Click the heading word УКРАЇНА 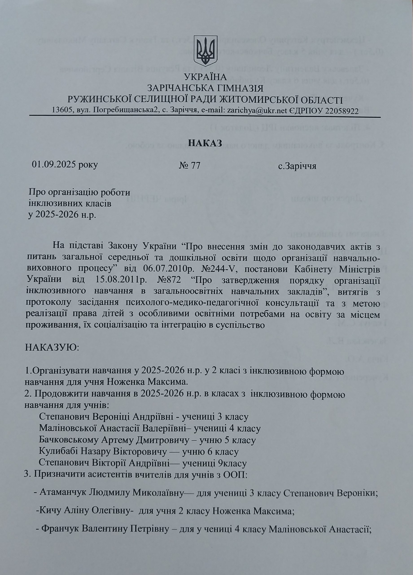click(x=205, y=77)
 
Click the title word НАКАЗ click(x=205, y=143)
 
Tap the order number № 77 click(x=189, y=166)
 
